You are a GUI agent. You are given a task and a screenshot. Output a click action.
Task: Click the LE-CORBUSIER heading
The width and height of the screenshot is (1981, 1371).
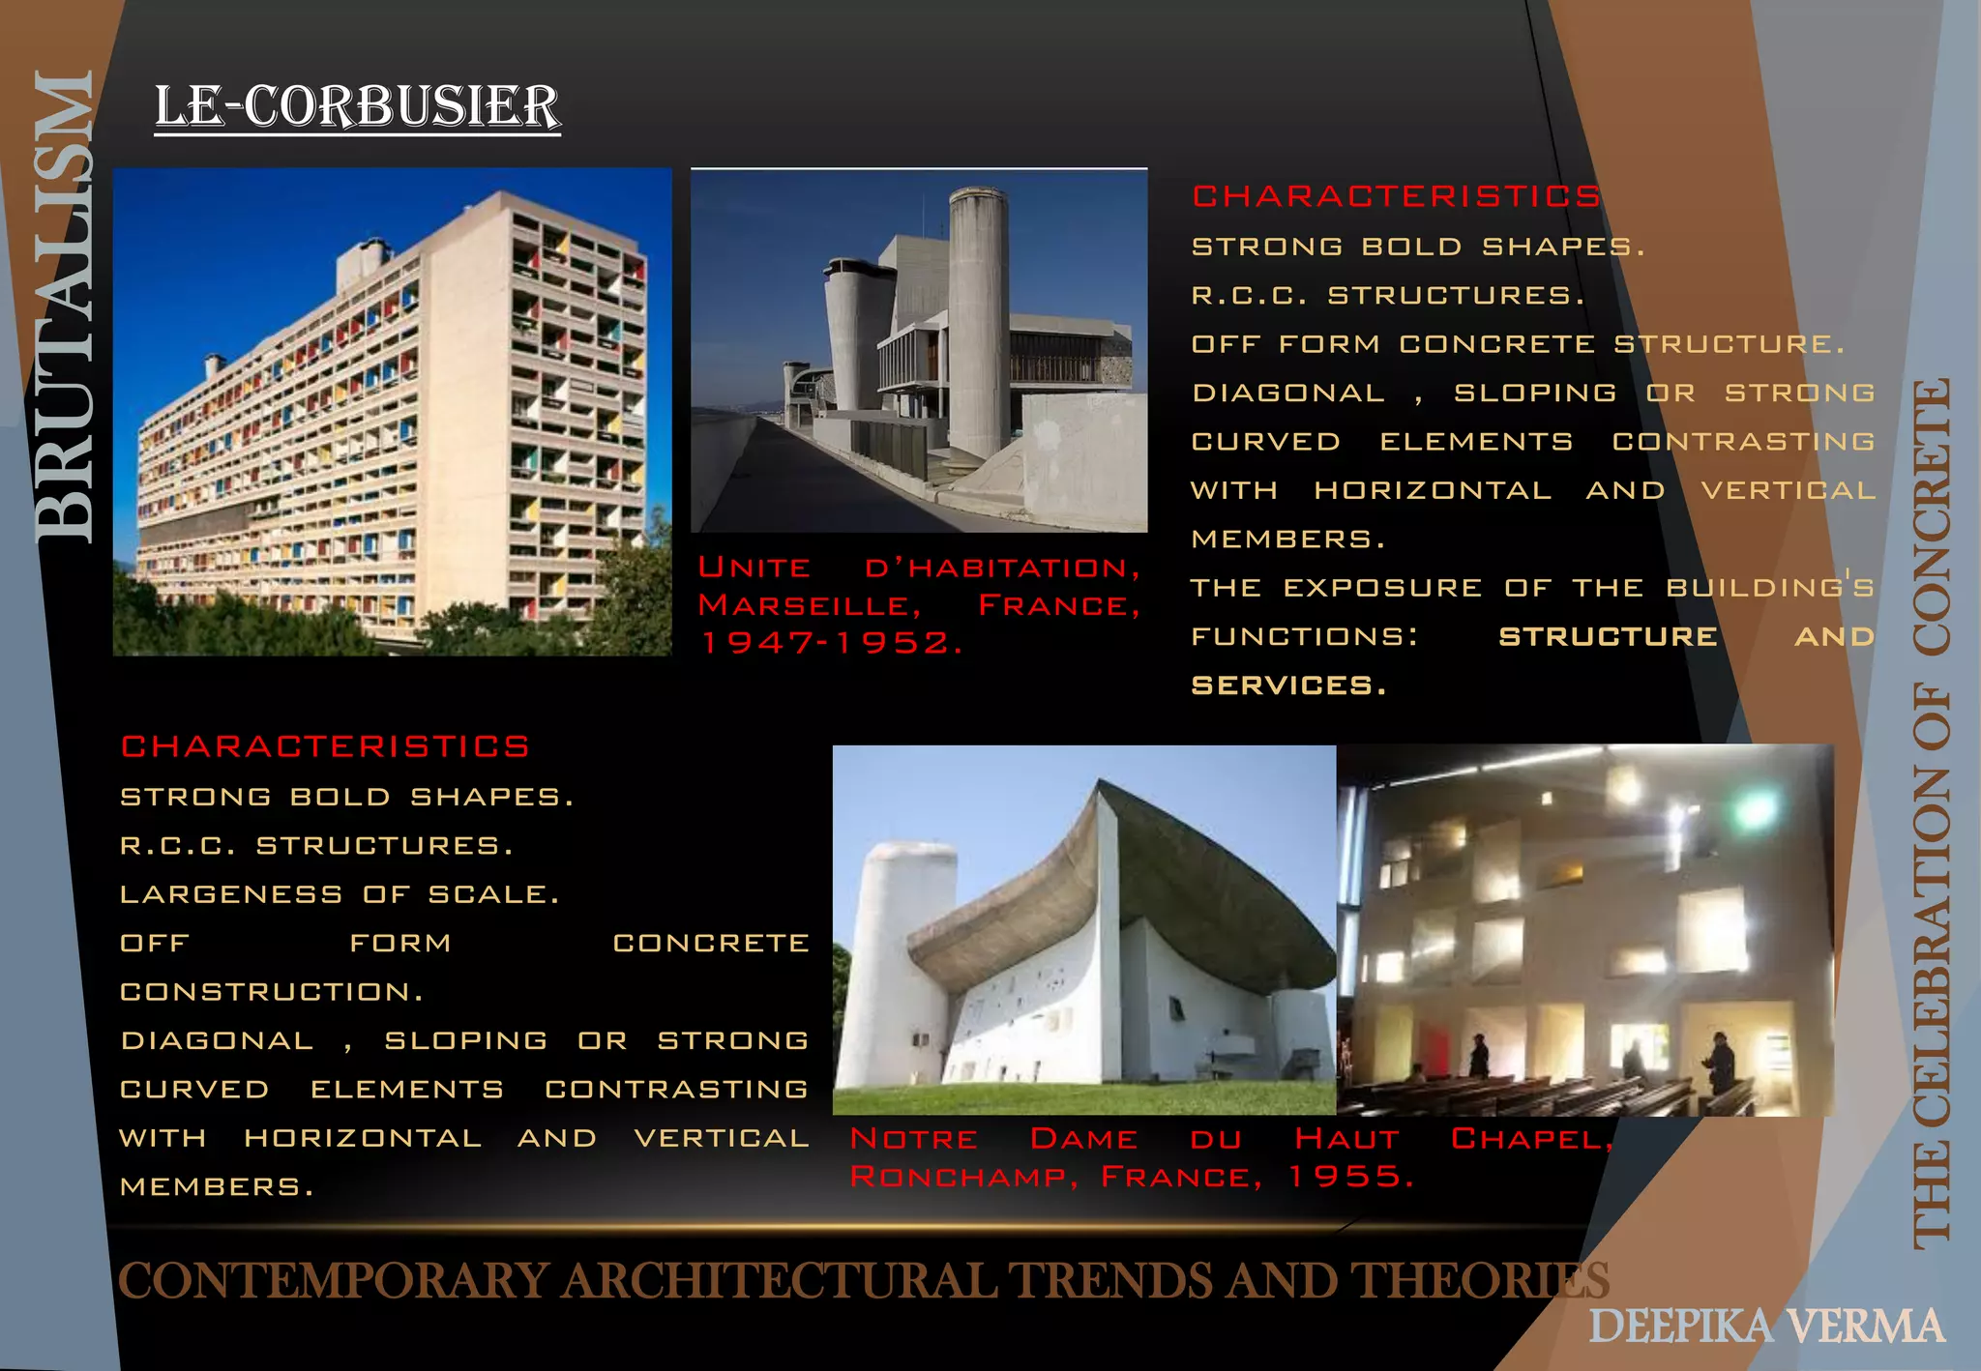(x=357, y=106)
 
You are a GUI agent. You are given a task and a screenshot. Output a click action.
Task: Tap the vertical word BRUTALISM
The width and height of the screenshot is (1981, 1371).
(x=64, y=307)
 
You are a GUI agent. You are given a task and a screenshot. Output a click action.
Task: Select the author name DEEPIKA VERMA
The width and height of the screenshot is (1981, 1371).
(x=1766, y=1326)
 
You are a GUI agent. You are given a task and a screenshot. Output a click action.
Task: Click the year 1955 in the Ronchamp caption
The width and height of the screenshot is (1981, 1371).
(x=1350, y=1177)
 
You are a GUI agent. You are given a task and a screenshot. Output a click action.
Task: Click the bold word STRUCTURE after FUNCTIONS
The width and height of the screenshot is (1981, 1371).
(x=1608, y=636)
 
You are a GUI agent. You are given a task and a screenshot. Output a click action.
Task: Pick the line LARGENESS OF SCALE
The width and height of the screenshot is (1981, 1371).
(x=340, y=894)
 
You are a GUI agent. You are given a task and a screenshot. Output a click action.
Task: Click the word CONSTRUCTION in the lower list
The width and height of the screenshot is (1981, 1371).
(x=272, y=992)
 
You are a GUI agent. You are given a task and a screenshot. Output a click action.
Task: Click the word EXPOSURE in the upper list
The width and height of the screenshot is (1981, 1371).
(x=1383, y=588)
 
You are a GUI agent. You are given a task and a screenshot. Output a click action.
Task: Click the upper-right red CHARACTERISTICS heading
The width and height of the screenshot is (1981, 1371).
(x=1396, y=196)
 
